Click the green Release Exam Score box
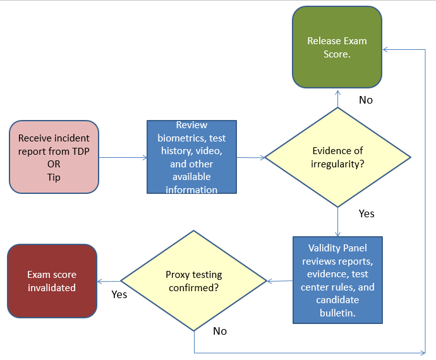(337, 47)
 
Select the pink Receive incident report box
(54, 157)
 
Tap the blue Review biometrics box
(191, 157)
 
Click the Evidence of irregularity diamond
(337, 157)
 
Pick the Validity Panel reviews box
(337, 280)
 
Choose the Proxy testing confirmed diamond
(194, 281)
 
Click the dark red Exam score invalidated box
(52, 281)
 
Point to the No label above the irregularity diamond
(366, 100)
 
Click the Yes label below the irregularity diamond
(366, 213)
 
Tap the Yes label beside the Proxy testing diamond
(119, 294)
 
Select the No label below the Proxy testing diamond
(220, 331)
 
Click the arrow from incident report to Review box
(123, 158)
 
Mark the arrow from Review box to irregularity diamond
(251, 158)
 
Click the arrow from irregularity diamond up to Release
(337, 99)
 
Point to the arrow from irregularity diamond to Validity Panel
(337, 222)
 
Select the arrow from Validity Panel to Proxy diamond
(280, 281)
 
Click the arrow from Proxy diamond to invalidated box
(109, 282)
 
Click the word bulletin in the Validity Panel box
(337, 313)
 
